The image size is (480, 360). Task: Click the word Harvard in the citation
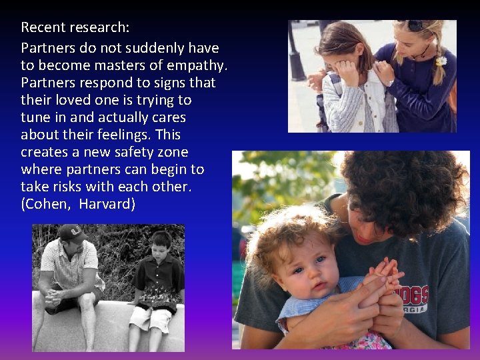[x=107, y=205]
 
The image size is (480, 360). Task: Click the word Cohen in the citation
[x=47, y=205]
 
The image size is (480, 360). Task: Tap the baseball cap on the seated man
[x=71, y=233]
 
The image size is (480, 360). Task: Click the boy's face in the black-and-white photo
[x=160, y=246]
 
